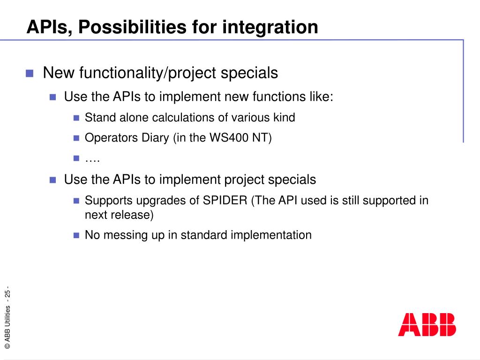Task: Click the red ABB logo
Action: coord(427,325)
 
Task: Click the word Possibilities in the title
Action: coord(132,27)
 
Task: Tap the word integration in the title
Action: coord(270,27)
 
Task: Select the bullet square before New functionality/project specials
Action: coord(30,74)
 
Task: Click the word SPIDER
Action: coord(225,201)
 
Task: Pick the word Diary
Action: coord(155,138)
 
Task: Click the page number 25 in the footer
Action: coord(7,293)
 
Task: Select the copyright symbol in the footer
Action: coord(7,346)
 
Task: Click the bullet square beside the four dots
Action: coord(76,158)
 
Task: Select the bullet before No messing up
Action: coord(76,235)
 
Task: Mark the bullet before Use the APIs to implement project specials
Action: coord(52,180)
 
